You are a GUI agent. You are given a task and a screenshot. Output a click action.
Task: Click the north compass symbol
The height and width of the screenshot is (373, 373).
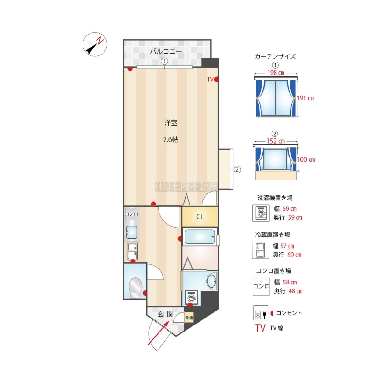pos(95,44)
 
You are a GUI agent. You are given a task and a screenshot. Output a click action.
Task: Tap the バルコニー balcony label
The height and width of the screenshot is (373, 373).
pos(166,51)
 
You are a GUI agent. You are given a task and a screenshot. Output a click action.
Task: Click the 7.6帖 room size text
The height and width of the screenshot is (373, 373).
pos(171,139)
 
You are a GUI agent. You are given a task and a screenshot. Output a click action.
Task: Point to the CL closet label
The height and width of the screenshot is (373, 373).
pos(200,217)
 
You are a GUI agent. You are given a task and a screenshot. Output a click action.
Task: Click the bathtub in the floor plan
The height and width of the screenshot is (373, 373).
pos(200,236)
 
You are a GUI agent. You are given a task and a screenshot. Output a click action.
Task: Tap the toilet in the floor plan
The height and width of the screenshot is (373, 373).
pos(135,288)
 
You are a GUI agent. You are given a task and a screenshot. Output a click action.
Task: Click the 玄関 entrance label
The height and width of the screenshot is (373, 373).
pos(166,314)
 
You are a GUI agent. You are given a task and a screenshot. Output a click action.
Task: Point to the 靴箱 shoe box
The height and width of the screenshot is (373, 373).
pos(189,318)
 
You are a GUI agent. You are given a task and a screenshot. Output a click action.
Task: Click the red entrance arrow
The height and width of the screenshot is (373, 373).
pos(159,333)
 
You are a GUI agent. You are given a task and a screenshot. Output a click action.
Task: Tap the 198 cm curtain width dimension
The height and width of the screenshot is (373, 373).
pos(276,73)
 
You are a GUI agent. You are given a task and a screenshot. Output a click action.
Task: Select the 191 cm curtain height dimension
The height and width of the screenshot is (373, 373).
pos(305,98)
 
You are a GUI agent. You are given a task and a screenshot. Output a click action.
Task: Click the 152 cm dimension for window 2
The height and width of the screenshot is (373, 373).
pos(276,141)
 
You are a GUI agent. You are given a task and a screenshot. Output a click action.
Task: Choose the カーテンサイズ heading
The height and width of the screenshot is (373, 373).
pos(275,56)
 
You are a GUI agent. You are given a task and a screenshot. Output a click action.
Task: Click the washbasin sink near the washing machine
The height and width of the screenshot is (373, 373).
pos(212,281)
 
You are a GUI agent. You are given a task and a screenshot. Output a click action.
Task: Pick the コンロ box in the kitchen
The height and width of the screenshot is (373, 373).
pos(131,214)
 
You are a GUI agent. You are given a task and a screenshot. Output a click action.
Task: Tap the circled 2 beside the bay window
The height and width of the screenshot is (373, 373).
pos(237,170)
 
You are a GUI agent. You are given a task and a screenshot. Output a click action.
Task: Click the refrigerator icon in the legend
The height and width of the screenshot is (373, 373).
pos(260,250)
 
